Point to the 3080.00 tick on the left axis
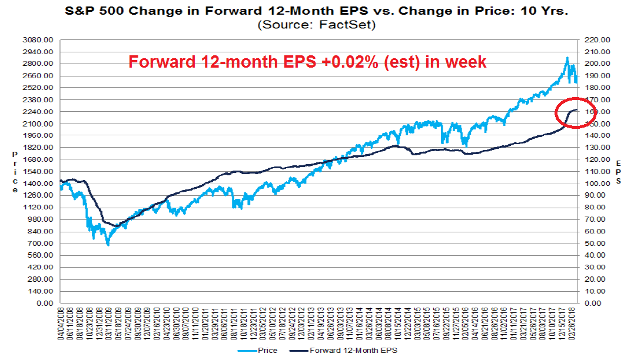point(38,39)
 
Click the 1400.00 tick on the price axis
point(38,184)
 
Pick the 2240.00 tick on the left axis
point(38,111)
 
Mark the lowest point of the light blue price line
point(108,244)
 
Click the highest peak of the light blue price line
point(567,58)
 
